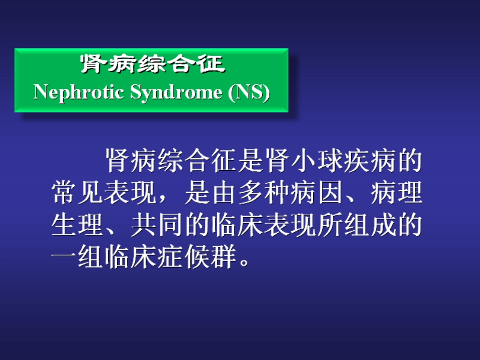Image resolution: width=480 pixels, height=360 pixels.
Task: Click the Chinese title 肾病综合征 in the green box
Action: click(152, 64)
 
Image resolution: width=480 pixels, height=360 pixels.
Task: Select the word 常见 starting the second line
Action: click(78, 193)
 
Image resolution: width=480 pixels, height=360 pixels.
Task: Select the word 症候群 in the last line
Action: click(197, 258)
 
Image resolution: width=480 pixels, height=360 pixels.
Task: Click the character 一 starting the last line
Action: click(65, 258)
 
